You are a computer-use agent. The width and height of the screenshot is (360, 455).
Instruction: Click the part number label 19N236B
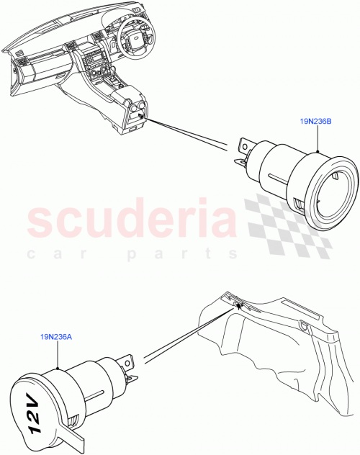(x=315, y=122)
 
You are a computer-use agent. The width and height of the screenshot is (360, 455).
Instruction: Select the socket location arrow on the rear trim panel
(x=237, y=305)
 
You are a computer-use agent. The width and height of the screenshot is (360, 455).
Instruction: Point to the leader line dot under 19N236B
(x=316, y=152)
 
